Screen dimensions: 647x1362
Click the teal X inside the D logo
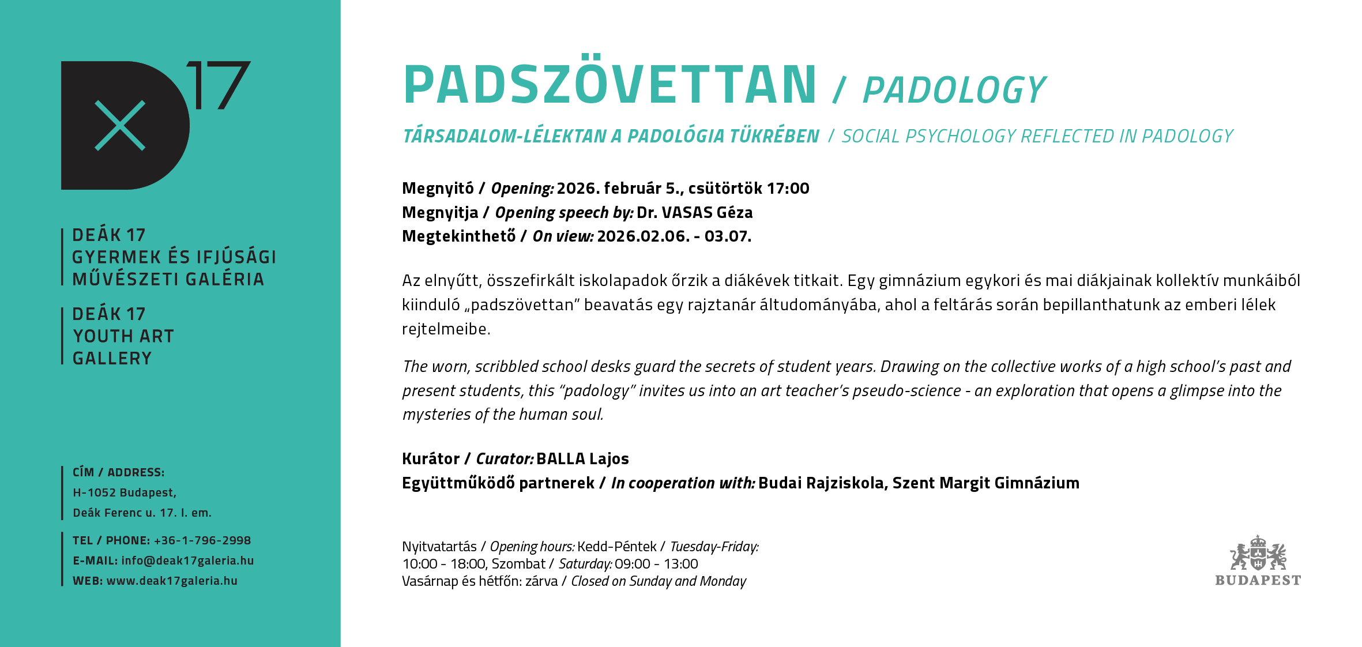[x=120, y=126]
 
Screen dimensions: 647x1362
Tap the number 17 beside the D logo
[x=219, y=85]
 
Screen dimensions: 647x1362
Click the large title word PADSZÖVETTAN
[x=610, y=85]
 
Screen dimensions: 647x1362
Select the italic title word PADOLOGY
[x=954, y=91]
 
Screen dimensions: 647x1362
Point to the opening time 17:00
[x=788, y=189]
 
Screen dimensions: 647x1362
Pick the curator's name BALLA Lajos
[x=582, y=459]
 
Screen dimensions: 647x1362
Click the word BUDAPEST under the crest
[x=1258, y=581]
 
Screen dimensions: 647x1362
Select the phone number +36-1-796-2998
[x=202, y=540]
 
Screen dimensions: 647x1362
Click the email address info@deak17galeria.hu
[x=187, y=561]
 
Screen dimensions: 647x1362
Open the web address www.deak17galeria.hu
[x=172, y=581]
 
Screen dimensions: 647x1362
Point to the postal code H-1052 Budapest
[x=125, y=492]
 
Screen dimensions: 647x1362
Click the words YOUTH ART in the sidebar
[x=123, y=336]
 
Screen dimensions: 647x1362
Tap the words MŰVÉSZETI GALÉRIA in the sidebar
[x=168, y=280]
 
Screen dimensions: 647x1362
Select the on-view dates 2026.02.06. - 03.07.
[x=674, y=236]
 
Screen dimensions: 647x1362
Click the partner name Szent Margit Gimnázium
[x=985, y=483]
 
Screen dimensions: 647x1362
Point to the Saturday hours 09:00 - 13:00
[x=656, y=564]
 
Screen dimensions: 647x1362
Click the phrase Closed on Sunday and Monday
[x=659, y=581]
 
